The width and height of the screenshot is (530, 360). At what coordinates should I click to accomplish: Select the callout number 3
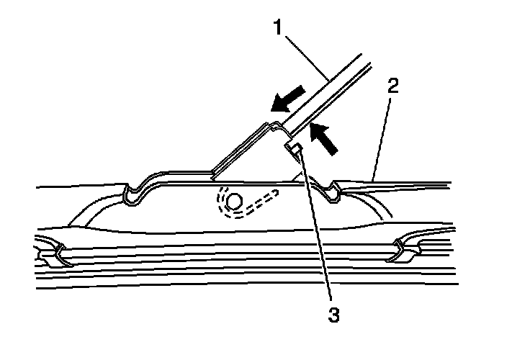(x=332, y=314)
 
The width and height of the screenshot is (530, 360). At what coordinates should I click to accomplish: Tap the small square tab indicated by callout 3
(x=293, y=150)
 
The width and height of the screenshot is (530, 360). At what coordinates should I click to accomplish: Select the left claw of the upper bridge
(x=132, y=193)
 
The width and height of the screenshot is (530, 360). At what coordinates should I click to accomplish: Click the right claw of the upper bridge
(x=333, y=192)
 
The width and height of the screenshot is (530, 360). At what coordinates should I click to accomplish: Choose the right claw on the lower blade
(x=401, y=248)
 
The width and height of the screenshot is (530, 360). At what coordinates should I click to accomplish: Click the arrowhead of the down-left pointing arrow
(x=277, y=104)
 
